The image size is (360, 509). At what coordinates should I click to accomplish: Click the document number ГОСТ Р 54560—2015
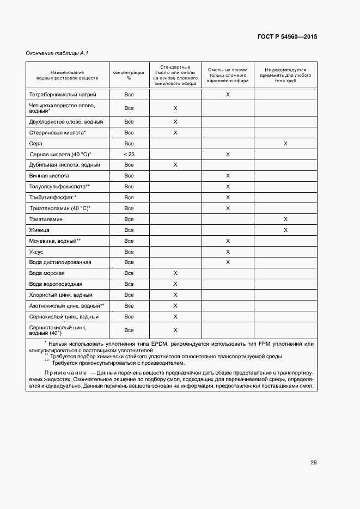coord(287,37)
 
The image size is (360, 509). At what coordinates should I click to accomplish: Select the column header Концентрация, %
coord(129,75)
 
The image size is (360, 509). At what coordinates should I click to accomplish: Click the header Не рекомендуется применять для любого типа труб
coord(285,75)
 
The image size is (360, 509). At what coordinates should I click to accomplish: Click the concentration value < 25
coord(129,154)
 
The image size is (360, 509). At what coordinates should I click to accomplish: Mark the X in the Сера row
coord(285,143)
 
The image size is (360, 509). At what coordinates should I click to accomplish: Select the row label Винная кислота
coord(49,176)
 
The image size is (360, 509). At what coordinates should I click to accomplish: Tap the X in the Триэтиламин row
coord(285,219)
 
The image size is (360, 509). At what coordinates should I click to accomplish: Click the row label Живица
coord(39,230)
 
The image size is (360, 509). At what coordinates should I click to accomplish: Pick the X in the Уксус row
coord(228,252)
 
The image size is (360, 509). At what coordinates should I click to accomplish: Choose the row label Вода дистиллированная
coord(60,262)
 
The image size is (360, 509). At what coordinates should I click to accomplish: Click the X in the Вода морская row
coord(175,273)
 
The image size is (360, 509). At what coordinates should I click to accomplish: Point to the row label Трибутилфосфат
coord(52,198)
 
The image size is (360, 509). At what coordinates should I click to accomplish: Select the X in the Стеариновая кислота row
coord(175,132)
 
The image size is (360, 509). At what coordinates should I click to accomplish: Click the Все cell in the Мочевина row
coord(129,241)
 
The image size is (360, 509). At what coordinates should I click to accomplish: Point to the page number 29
coord(314,463)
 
